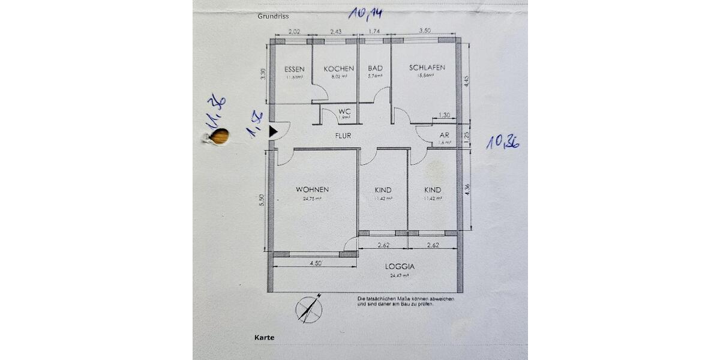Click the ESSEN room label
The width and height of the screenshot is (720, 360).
294,68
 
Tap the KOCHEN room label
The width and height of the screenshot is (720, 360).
339,68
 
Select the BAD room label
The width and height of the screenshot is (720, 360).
375,68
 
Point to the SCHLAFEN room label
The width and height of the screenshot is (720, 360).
427,68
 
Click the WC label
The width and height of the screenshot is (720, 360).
344,111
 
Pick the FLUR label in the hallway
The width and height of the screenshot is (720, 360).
343,136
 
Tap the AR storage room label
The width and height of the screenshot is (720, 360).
445,135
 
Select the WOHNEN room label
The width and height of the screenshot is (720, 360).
312,190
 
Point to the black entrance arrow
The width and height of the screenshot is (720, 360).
274,131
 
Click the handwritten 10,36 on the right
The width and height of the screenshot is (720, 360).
502,142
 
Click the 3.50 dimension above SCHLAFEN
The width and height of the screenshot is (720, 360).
425,31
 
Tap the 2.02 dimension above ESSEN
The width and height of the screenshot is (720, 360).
295,31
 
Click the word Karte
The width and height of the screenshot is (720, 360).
264,338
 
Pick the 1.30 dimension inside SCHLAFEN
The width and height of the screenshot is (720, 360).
445,115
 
